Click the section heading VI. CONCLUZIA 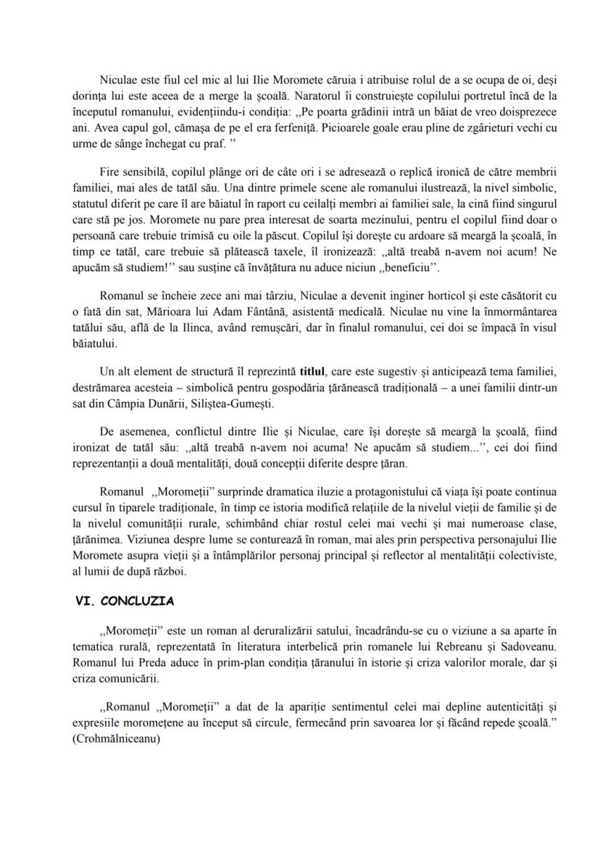click(x=128, y=601)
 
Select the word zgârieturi click(x=434, y=125)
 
